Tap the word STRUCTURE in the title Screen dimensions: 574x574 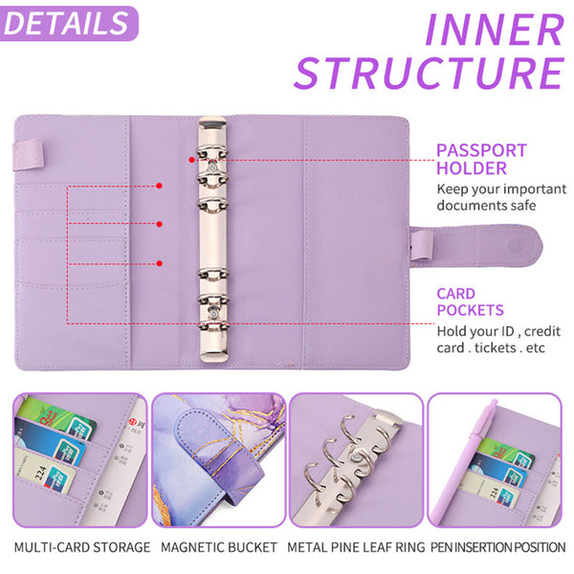pos(428,74)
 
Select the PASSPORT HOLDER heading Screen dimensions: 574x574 pos(481,159)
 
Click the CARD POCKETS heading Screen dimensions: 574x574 pos(470,302)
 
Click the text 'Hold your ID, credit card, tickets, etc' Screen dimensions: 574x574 pos(497,340)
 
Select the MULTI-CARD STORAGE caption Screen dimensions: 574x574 pos(81,548)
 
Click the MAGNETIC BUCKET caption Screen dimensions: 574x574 pos(219,548)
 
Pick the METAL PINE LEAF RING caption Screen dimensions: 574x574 pos(356,548)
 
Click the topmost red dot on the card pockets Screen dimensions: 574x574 pos(160,186)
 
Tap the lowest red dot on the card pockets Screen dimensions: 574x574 pos(160,262)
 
